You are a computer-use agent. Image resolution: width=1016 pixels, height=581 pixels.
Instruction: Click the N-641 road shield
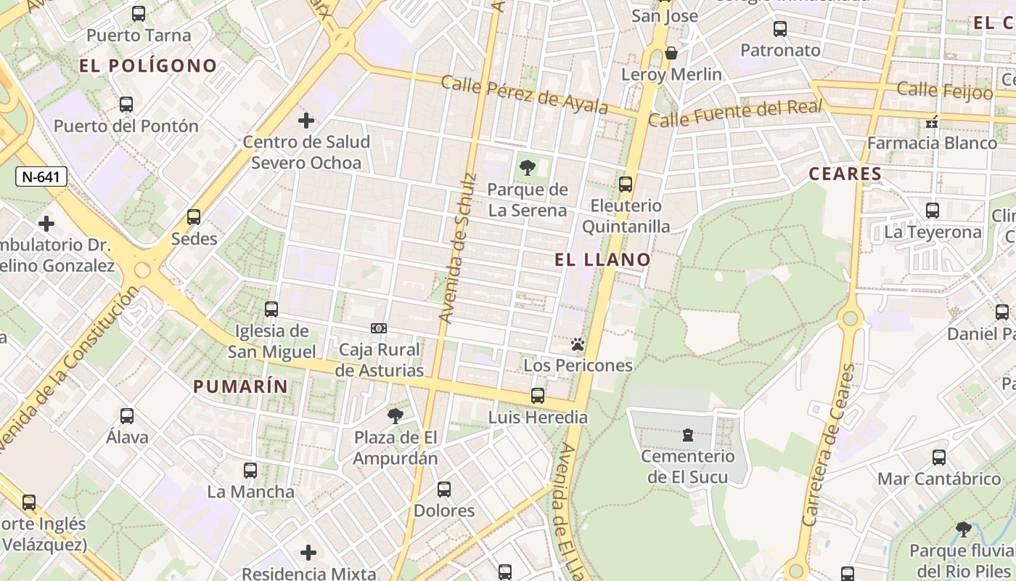[x=41, y=176]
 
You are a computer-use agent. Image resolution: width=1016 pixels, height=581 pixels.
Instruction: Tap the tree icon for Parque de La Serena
[x=528, y=168]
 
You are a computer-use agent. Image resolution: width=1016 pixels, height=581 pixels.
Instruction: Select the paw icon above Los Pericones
[x=578, y=344]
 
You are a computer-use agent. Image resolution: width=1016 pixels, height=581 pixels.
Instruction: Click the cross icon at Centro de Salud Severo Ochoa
[x=306, y=120]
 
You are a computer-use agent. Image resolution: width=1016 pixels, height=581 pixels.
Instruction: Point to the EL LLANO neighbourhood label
[x=602, y=259]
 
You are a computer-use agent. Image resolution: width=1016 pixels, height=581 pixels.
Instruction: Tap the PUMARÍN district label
[x=240, y=386]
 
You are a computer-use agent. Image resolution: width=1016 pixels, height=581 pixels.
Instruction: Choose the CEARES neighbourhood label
[x=845, y=174]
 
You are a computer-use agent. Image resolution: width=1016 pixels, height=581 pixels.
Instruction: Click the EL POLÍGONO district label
[x=148, y=65]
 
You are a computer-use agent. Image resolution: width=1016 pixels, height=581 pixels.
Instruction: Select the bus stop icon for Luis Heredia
[x=538, y=396]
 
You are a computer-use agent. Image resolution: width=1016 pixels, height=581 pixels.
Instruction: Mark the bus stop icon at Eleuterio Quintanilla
[x=626, y=184]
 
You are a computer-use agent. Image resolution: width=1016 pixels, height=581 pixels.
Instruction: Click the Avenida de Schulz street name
[x=458, y=247]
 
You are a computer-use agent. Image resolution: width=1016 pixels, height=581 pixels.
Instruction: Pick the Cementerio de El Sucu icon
[x=687, y=435]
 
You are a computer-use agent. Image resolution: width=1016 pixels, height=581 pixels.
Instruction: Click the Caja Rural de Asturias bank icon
[x=379, y=328]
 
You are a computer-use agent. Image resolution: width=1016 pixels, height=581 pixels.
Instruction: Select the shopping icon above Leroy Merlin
[x=672, y=53]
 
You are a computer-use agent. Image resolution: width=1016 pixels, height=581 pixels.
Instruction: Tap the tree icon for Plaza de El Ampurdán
[x=396, y=416]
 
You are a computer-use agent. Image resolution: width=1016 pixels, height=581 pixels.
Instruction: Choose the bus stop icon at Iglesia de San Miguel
[x=271, y=309]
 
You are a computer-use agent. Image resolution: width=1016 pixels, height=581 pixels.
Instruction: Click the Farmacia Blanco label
[x=932, y=142]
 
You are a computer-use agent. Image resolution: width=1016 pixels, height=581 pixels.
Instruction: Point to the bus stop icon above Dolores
[x=444, y=489]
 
